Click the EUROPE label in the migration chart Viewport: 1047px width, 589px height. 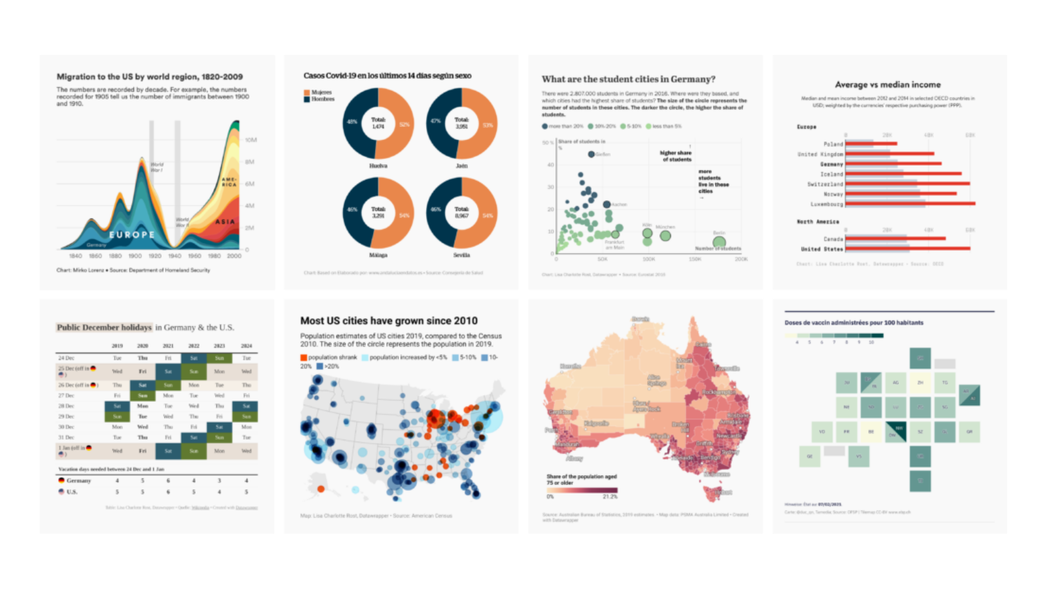click(x=132, y=234)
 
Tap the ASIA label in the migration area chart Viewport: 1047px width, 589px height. click(x=225, y=222)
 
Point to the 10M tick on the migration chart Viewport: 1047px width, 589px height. click(x=251, y=140)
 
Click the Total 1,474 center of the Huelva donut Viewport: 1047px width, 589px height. click(x=378, y=123)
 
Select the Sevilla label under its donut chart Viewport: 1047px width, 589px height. click(x=461, y=255)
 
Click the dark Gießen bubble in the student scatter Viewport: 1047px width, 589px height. click(x=591, y=154)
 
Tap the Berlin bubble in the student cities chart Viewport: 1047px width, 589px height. click(x=719, y=242)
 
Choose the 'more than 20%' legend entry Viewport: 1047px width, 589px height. click(x=563, y=126)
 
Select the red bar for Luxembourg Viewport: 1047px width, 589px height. click(x=910, y=204)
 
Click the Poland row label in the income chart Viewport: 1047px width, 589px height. click(x=833, y=144)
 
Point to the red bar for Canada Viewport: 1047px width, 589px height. click(x=895, y=238)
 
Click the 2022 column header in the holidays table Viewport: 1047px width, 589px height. click(x=194, y=346)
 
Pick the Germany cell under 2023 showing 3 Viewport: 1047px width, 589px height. click(x=219, y=480)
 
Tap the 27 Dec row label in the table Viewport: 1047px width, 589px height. click(x=66, y=395)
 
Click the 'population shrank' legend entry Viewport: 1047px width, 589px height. click(x=328, y=357)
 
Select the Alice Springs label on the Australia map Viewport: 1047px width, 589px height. click(x=654, y=380)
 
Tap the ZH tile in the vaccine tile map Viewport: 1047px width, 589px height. click(x=920, y=382)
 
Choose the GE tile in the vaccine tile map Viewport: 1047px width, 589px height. click(x=809, y=456)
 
